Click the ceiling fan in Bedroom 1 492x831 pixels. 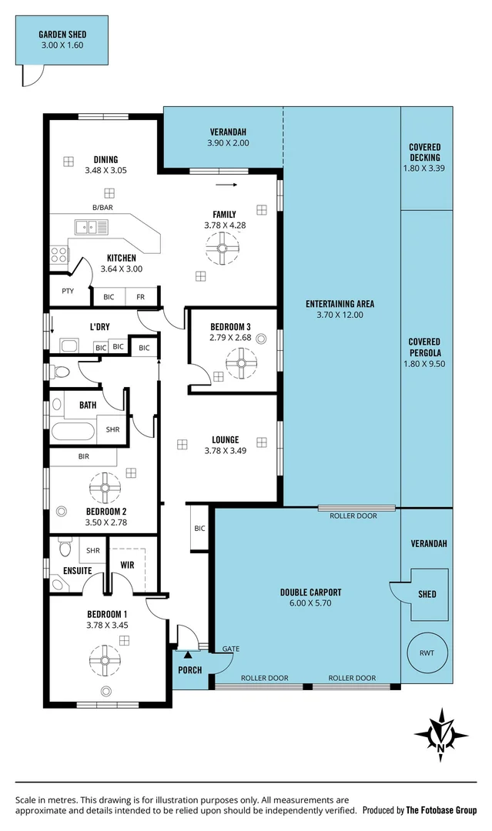pyautogui.click(x=105, y=659)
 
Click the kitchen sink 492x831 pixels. pyautogui.click(x=91, y=227)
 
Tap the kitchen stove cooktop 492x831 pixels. pyautogui.click(x=59, y=255)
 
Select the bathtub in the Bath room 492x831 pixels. pyautogui.click(x=72, y=430)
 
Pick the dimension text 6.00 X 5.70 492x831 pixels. pyautogui.click(x=311, y=605)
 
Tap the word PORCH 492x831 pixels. pyautogui.click(x=189, y=670)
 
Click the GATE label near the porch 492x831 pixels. pyautogui.click(x=230, y=649)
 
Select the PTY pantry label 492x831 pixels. pyautogui.click(x=67, y=292)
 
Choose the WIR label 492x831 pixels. pyautogui.click(x=128, y=566)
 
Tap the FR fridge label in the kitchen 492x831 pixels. pyautogui.click(x=141, y=296)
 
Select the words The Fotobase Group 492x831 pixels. pyautogui.click(x=442, y=810)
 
